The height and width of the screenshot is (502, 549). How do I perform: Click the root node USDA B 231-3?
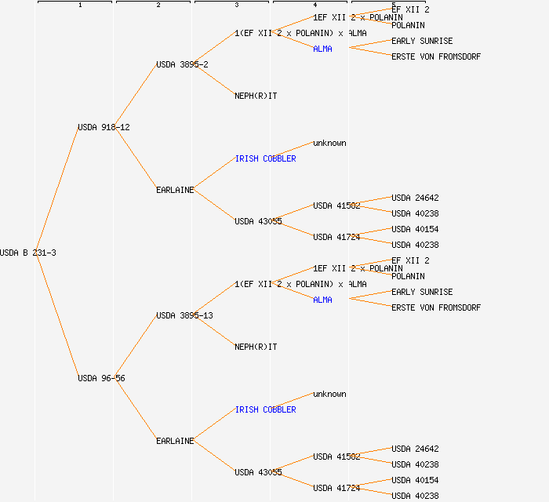click(x=28, y=253)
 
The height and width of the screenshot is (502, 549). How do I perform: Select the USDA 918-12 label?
click(x=104, y=127)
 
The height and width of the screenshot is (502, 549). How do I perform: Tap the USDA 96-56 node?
click(x=101, y=378)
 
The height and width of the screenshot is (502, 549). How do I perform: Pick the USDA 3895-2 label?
click(x=182, y=64)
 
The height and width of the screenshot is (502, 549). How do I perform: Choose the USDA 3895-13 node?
click(x=184, y=315)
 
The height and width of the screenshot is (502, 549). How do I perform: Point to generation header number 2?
click(x=158, y=5)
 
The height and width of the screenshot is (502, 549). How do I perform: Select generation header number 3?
click(x=236, y=5)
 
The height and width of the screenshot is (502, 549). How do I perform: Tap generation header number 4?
click(x=314, y=5)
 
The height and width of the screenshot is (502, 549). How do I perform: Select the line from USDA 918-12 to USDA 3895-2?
click(x=136, y=96)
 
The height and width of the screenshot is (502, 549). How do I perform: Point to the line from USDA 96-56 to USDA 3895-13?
click(x=136, y=347)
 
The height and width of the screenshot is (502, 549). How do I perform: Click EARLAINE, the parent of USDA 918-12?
click(x=175, y=190)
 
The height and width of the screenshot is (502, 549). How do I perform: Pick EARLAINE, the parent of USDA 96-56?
click(x=175, y=441)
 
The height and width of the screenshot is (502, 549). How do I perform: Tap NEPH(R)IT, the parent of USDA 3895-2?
click(x=256, y=96)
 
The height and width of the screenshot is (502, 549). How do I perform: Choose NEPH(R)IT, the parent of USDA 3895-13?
click(x=256, y=347)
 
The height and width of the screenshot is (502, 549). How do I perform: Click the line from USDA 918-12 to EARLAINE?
click(x=136, y=158)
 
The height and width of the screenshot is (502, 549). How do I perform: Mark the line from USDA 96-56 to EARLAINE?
click(x=136, y=409)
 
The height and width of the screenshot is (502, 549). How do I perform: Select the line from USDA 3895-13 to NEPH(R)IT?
click(x=214, y=331)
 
